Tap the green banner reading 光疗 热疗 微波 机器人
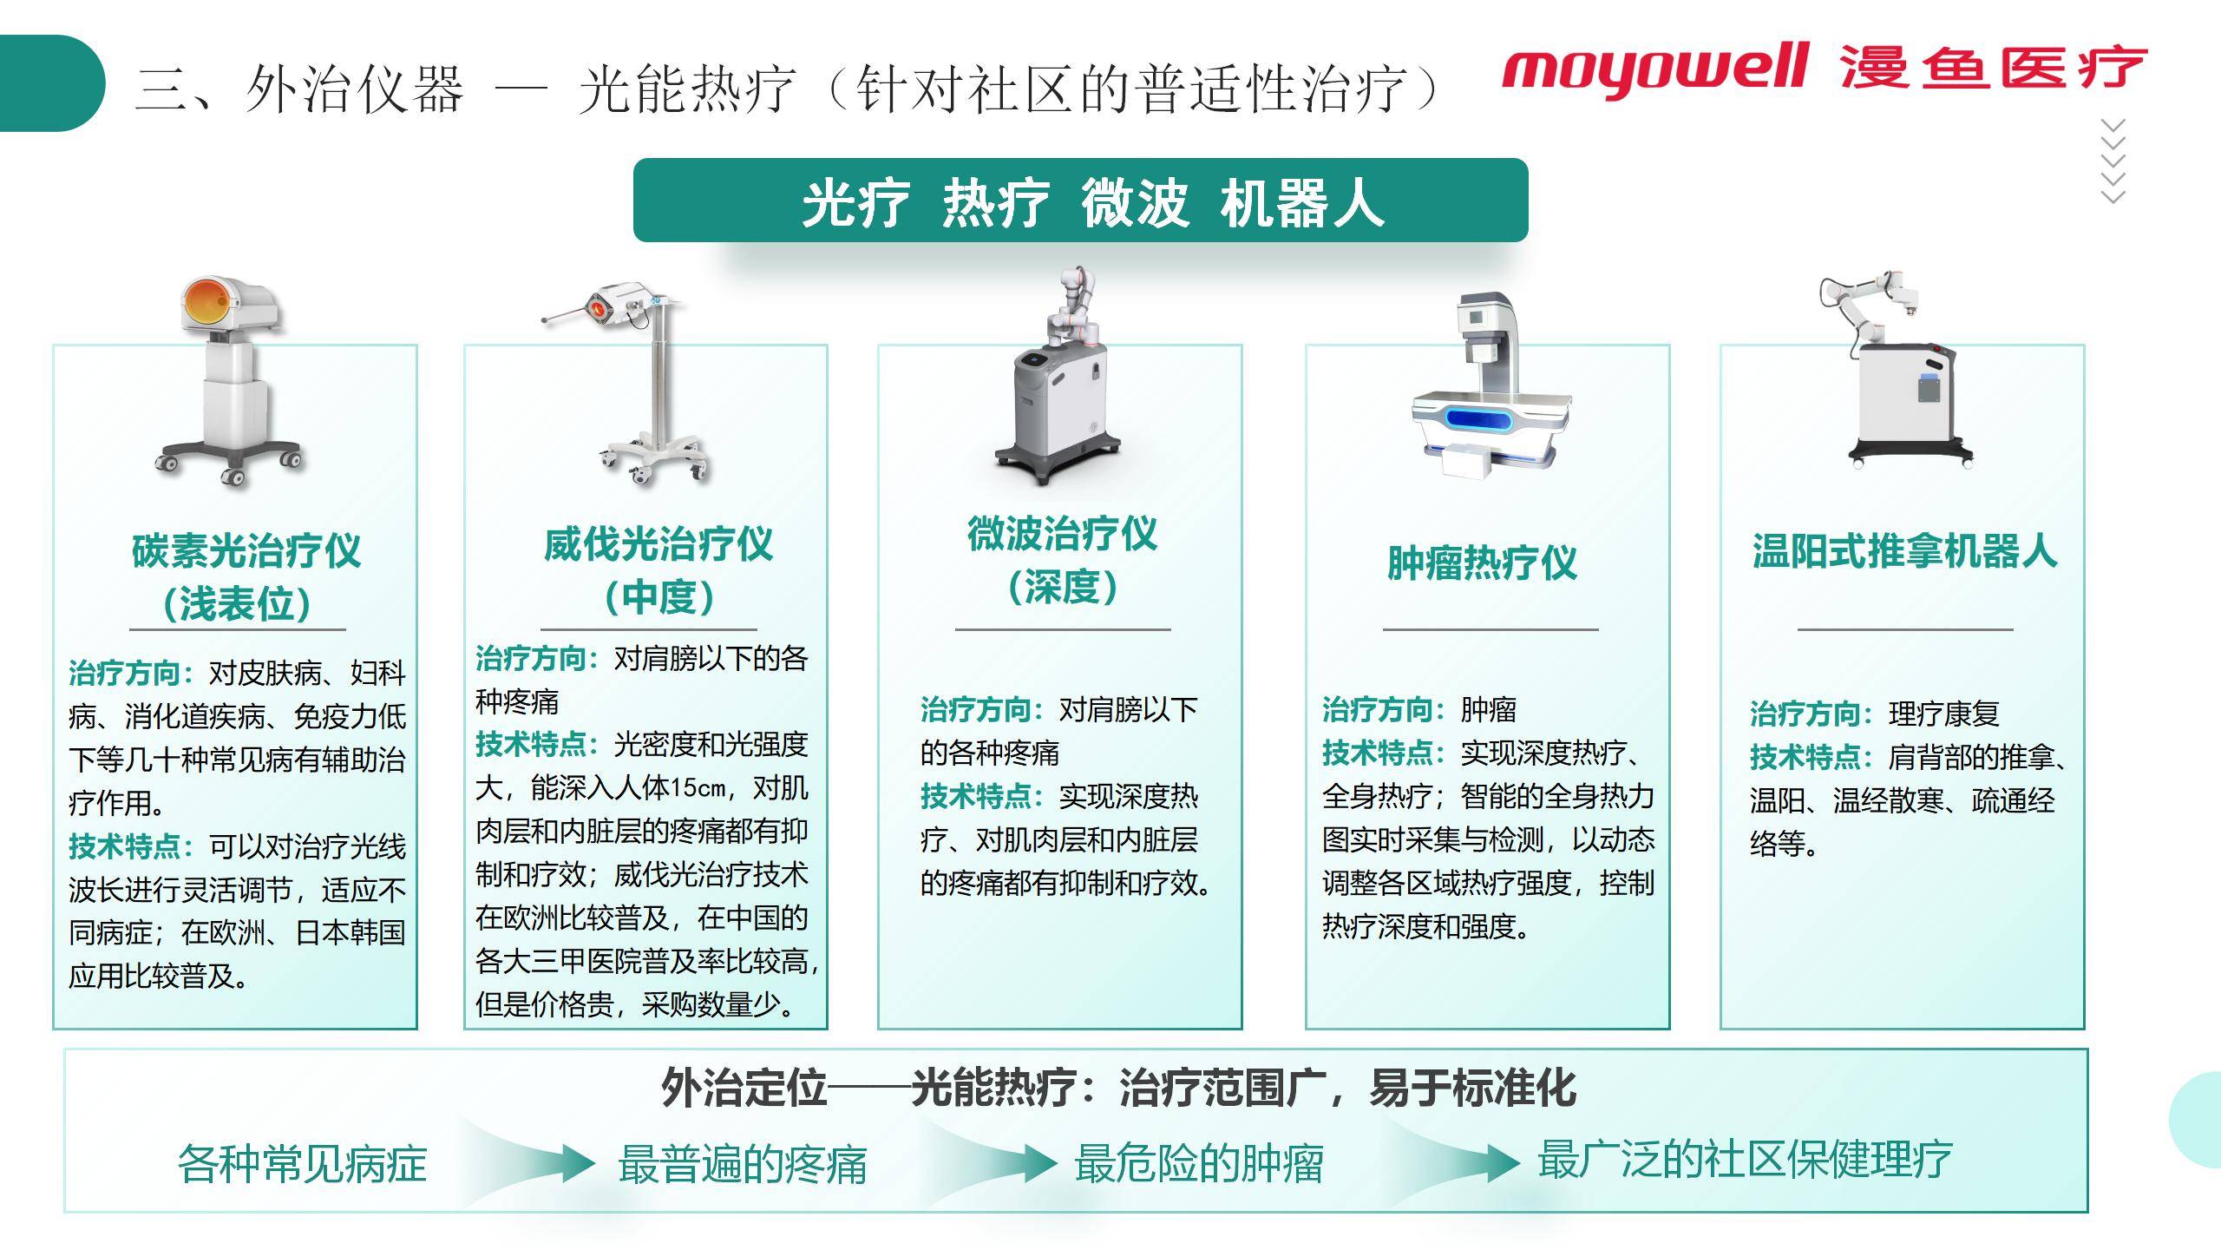point(1080,201)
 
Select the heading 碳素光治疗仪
point(246,551)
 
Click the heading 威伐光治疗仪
point(658,545)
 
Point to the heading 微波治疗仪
point(1062,533)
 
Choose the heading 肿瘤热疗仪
point(1481,563)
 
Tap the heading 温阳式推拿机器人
point(1903,551)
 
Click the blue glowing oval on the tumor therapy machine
point(1478,420)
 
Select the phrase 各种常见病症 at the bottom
point(302,1163)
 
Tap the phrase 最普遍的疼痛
point(742,1163)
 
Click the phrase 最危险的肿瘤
point(1198,1163)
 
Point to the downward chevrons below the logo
point(2113,161)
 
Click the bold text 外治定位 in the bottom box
point(744,1088)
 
